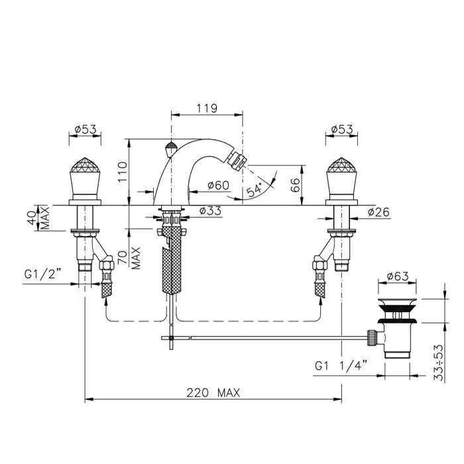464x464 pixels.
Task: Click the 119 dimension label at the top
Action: click(x=207, y=108)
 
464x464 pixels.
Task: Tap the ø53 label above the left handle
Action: click(x=86, y=129)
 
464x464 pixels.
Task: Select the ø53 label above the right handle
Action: click(x=342, y=129)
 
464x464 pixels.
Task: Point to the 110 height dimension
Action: click(x=122, y=172)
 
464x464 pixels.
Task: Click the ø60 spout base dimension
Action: click(x=218, y=186)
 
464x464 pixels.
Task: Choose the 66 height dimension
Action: click(x=295, y=185)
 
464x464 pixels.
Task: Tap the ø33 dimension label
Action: click(x=210, y=211)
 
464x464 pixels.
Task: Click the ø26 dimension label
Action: click(x=378, y=212)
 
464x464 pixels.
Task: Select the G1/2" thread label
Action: click(x=42, y=274)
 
